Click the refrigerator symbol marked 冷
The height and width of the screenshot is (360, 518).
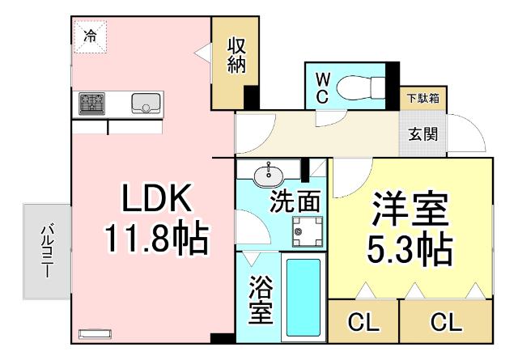click(91, 36)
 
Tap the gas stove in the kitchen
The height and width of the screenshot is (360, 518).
click(91, 103)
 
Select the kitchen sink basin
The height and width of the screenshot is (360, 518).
click(146, 103)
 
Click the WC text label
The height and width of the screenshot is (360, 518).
click(321, 87)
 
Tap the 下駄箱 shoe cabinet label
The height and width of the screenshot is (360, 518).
click(422, 99)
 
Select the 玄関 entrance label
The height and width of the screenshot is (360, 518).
click(422, 133)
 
